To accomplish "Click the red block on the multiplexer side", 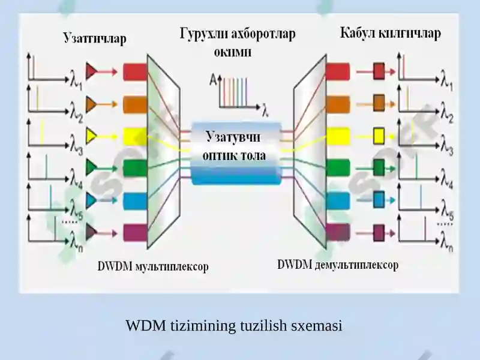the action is [136, 72].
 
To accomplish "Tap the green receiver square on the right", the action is [379, 167].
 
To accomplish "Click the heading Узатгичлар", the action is [95, 39].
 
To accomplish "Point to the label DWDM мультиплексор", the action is [153, 266].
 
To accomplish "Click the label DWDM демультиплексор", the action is [338, 265].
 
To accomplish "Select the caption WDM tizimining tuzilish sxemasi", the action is [234, 325].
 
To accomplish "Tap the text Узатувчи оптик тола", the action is [234, 146].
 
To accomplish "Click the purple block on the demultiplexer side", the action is [338, 232].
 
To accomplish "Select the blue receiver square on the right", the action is [379, 200].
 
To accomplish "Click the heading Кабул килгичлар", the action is [391, 33].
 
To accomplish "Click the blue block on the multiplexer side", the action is [136, 200].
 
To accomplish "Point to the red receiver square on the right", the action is [379, 71].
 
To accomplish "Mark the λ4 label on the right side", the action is [446, 181].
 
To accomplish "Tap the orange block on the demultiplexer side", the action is [338, 104].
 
